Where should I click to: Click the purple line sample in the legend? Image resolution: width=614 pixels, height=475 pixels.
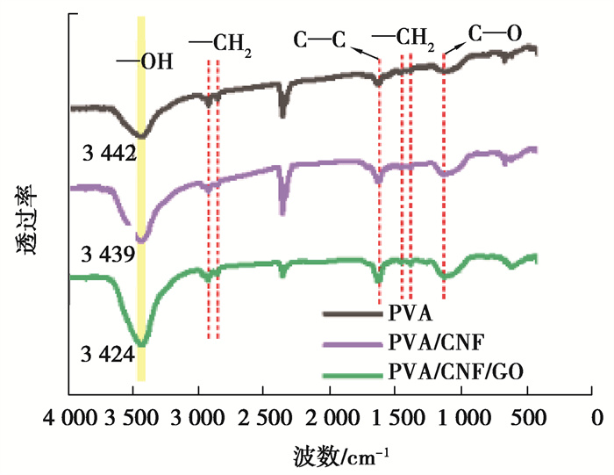click(350, 343)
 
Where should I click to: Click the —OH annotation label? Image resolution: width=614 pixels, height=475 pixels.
click(146, 62)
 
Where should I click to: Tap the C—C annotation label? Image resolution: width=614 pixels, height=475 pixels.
click(319, 40)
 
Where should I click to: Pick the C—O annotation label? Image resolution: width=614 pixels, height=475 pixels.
click(495, 34)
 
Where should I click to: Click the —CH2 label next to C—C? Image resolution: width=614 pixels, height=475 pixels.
click(403, 40)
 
